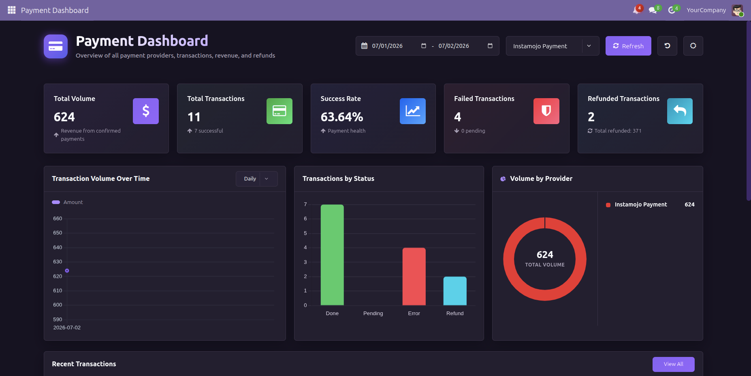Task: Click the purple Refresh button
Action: pos(628,46)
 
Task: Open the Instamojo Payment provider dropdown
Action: pos(553,46)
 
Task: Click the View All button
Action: pos(673,364)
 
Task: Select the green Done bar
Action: pos(332,255)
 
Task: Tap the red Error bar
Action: pos(414,277)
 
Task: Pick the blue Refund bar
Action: pos(455,291)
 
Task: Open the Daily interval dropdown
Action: pos(257,179)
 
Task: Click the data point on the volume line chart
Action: pos(67,271)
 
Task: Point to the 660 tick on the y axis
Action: pos(58,219)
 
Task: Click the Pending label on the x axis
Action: pos(373,314)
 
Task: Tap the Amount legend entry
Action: pos(67,202)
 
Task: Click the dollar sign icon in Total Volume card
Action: pos(146,111)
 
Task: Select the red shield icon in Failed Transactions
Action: pos(546,111)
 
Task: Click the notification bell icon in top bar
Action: pos(636,10)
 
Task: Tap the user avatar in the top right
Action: pos(737,10)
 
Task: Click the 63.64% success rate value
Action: pos(342,117)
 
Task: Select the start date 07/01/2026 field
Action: pos(387,46)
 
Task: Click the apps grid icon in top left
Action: pos(11,10)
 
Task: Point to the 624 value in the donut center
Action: pos(545,255)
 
